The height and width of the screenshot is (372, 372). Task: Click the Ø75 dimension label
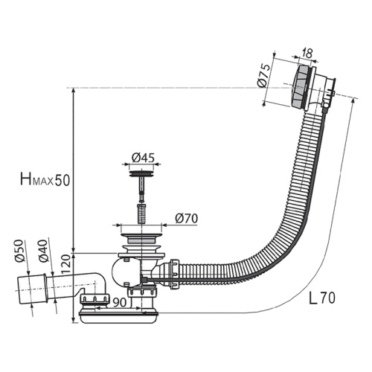[263, 75]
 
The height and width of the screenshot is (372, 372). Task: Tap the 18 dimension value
[307, 53]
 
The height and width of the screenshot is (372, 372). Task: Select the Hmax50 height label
[45, 179]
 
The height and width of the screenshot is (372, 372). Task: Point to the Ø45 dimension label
[143, 158]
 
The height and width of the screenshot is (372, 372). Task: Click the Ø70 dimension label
[186, 219]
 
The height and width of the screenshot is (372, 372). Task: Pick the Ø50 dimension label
[19, 251]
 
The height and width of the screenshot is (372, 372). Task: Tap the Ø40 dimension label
[42, 251]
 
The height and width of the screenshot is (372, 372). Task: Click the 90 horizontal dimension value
[120, 302]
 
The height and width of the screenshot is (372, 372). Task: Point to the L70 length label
[322, 298]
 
